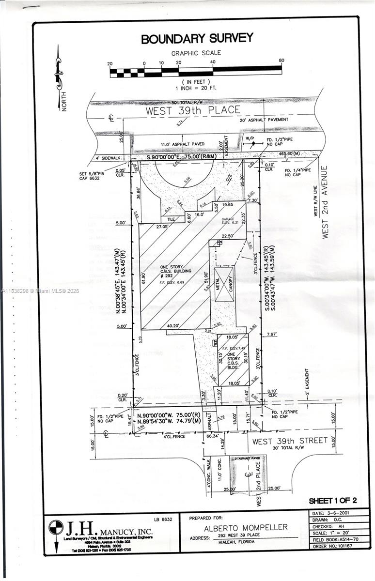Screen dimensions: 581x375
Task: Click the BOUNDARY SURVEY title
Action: click(x=197, y=39)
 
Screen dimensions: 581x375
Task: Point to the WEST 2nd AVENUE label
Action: click(x=325, y=202)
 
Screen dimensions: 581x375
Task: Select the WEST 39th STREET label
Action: click(x=290, y=441)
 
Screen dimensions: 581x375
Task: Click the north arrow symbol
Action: click(x=59, y=73)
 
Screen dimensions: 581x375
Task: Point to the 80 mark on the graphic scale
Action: click(x=281, y=61)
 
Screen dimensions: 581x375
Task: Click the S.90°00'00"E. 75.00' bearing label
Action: click(x=191, y=158)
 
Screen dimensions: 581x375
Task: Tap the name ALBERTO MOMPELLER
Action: click(x=245, y=527)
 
